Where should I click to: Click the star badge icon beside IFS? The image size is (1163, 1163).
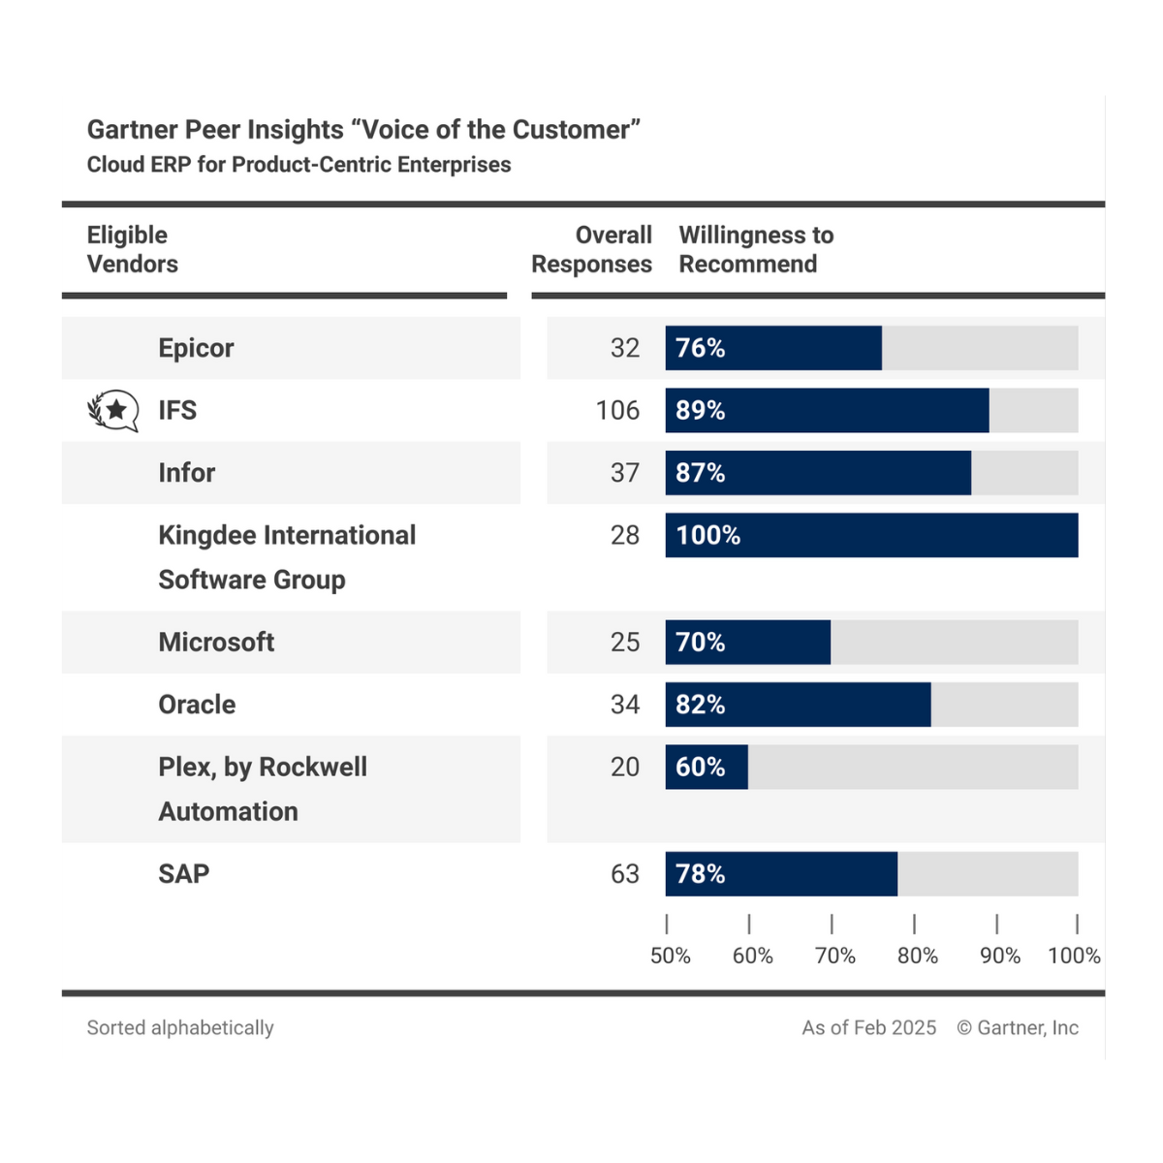coord(114,410)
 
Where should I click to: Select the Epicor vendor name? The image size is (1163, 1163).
coord(196,348)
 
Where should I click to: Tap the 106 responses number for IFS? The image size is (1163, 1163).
coord(617,410)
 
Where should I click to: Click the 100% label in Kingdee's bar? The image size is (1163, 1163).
coord(707,535)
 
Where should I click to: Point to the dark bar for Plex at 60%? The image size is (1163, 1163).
coord(707,767)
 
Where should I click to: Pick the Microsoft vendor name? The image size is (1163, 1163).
coord(216,642)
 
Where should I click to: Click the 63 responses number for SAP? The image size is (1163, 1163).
coord(625,873)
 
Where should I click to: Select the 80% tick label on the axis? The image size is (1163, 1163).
coord(917,956)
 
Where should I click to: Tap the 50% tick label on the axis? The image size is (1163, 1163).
coord(670,956)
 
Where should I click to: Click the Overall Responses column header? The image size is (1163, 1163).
coord(591,250)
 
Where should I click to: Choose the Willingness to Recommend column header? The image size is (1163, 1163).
coord(756,250)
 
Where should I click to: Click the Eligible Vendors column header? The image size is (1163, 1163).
coord(132,250)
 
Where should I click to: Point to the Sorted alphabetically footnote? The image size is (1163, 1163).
coord(180,1027)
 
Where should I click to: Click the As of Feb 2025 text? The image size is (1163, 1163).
coord(868,1027)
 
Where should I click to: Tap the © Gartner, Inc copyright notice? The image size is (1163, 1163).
coord(1018,1027)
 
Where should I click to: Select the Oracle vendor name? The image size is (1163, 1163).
coord(197,705)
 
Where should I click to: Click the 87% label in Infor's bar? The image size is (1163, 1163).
coord(700,473)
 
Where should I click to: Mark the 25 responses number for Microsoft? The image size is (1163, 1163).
coord(625,642)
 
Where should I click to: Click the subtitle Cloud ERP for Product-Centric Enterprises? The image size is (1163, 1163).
coord(299,165)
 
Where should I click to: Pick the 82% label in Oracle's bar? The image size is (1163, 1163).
coord(700,705)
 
